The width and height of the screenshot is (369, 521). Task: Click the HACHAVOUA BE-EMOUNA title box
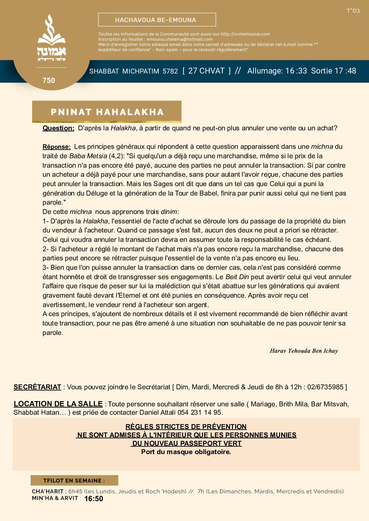click(157, 20)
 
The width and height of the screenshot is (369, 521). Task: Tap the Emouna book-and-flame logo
click(52, 38)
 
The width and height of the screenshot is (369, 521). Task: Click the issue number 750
click(49, 81)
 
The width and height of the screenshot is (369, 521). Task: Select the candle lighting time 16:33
click(296, 71)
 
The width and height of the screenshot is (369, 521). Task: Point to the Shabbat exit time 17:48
click(345, 71)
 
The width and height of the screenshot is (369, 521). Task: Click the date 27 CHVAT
click(206, 71)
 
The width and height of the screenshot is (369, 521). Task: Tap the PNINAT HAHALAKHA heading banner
click(107, 112)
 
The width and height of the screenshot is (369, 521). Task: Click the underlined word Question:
click(58, 128)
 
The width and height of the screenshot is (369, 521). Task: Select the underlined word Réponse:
click(57, 147)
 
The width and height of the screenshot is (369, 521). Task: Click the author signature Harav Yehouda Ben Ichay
click(304, 351)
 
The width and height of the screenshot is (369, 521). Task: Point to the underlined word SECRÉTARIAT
click(37, 387)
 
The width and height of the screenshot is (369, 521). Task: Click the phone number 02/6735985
click(325, 387)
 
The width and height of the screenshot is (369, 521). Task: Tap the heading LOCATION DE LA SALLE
click(58, 404)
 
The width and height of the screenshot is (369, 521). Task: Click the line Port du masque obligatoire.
click(186, 452)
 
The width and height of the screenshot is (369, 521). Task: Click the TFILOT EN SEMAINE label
click(74, 481)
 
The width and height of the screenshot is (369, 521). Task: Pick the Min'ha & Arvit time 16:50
click(94, 499)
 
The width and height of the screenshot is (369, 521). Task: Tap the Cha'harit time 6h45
click(75, 491)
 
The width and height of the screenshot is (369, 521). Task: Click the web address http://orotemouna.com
click(245, 34)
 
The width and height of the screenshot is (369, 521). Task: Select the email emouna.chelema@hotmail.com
click(180, 39)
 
